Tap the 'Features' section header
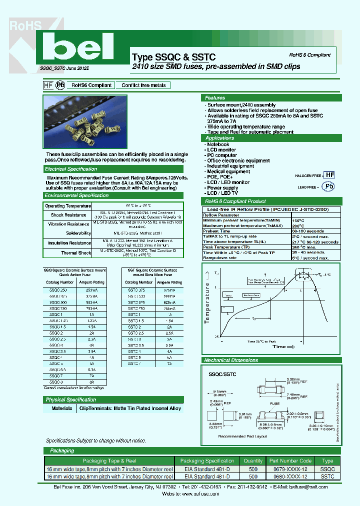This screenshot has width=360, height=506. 215,98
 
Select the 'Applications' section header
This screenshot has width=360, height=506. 219,138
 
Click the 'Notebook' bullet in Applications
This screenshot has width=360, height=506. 218,144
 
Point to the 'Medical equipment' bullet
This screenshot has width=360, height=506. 228,171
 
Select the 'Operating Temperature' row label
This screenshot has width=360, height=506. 68,206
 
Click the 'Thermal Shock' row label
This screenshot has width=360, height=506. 77,253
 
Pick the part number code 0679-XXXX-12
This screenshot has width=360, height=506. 289,469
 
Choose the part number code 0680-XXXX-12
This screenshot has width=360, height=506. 289,477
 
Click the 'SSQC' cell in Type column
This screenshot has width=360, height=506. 327,469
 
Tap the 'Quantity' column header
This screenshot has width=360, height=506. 253,461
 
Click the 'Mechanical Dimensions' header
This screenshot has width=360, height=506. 231,360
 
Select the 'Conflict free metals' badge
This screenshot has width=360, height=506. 143,85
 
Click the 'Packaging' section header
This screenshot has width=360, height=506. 62,451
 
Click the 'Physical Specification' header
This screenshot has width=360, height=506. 71,399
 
